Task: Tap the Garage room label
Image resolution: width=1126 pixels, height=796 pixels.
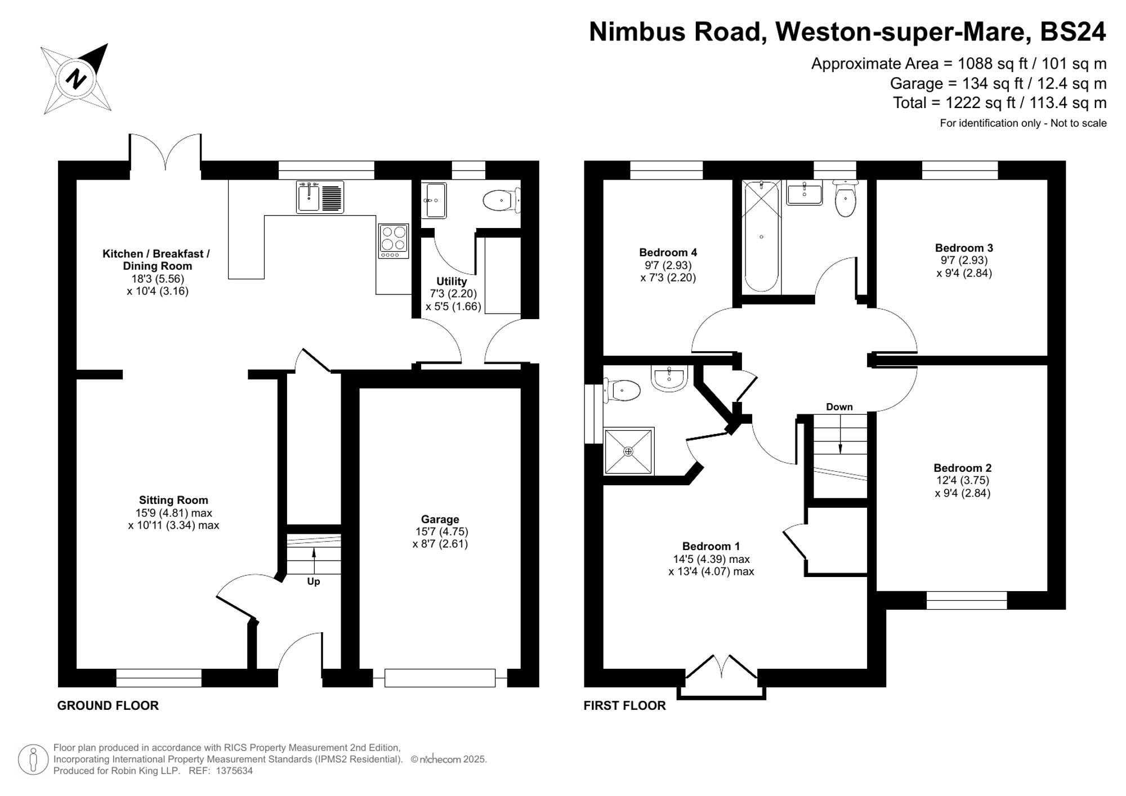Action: coord(440,520)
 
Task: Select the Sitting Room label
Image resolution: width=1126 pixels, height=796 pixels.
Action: coord(173,500)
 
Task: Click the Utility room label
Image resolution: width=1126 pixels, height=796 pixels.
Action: coord(452,281)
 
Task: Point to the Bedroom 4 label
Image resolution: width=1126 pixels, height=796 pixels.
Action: coord(668,253)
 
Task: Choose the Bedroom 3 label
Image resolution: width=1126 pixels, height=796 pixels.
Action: coord(964,248)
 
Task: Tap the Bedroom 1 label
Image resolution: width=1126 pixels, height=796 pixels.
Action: coord(711,547)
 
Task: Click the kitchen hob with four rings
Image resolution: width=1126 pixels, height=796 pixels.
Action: coord(394,241)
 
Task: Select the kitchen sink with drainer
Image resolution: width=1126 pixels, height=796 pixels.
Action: coord(320,197)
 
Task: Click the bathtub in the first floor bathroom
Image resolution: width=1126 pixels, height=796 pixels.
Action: coord(761,236)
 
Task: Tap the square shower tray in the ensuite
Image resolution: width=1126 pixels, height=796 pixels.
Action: coord(628,451)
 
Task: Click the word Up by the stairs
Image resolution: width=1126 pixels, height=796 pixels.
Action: coord(314,582)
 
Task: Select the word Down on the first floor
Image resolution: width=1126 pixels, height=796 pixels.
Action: coord(839,407)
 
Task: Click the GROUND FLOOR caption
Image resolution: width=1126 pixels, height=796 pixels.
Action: coord(108,706)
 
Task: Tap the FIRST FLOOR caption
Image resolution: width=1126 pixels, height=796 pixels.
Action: coord(624,706)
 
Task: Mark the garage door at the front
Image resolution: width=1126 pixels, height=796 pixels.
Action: coord(440,678)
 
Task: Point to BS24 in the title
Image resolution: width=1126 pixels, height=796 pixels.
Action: coord(1073,32)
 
